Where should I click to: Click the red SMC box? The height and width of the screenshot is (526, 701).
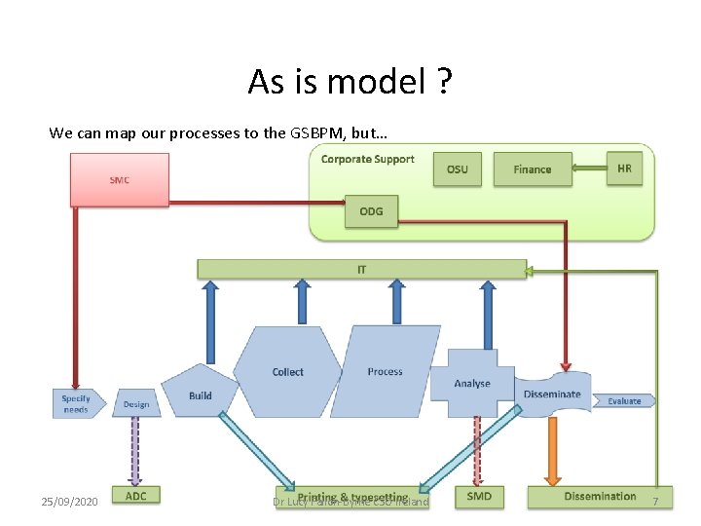coord(119,179)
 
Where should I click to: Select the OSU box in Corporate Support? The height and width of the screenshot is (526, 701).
coord(457,169)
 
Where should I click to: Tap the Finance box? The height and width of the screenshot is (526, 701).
coord(532,169)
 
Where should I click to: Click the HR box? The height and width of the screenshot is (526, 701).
coord(624,169)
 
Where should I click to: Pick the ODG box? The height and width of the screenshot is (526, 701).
coord(371,211)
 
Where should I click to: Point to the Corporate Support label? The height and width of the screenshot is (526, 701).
coord(368,159)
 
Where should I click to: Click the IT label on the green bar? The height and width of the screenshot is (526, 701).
coord(361,269)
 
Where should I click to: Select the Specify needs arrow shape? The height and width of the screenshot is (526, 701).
coord(76,403)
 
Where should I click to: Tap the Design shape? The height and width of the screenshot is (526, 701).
coord(136,404)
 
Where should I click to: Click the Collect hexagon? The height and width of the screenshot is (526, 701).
coord(287,372)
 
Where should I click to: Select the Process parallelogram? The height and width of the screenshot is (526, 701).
coord(385,372)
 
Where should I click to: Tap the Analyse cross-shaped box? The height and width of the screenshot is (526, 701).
coord(472,383)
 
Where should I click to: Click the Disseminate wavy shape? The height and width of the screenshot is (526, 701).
coord(552,394)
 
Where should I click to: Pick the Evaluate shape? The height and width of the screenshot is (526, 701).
coord(624,401)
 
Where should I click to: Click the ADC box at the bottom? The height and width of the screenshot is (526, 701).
coord(135,496)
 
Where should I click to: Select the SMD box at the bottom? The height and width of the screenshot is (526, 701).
coord(479,497)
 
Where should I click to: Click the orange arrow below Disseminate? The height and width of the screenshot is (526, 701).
coord(552,449)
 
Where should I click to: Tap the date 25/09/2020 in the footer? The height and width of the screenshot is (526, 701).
coord(69,502)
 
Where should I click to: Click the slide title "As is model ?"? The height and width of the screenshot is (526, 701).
coord(350,82)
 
